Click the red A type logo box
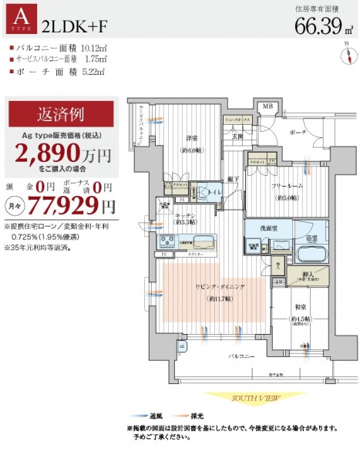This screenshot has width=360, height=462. click(21, 21)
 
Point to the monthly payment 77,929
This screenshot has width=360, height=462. click(71, 205)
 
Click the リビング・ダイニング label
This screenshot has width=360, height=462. click(214, 287)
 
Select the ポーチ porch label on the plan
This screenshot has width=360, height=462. click(298, 132)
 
